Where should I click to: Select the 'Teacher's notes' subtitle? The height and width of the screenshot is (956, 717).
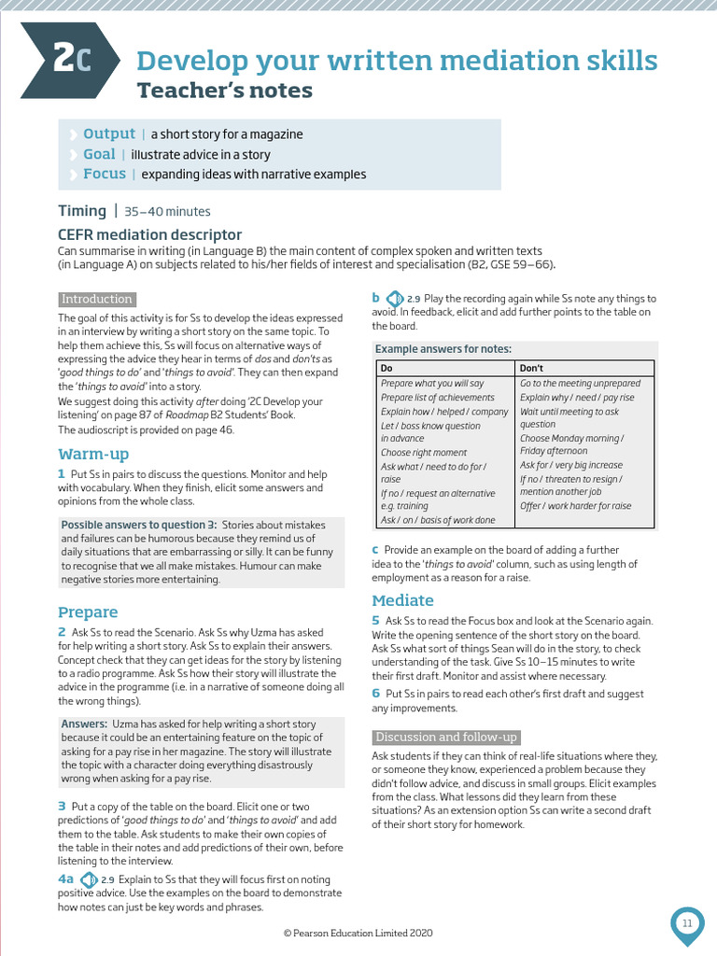point(225,91)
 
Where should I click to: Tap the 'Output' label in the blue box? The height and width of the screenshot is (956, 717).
point(109,134)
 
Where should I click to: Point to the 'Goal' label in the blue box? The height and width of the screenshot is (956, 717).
point(99,154)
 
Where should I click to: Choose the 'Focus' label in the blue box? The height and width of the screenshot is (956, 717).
point(105,174)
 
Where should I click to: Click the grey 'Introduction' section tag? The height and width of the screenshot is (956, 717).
point(96,299)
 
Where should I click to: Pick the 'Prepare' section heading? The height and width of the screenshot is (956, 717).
point(88,612)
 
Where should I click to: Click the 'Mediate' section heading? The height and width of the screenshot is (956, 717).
point(402,600)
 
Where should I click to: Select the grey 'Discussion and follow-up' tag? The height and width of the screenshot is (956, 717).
point(445,737)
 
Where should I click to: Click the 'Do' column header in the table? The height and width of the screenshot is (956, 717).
point(387,368)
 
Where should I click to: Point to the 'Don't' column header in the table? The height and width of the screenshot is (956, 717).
point(531,368)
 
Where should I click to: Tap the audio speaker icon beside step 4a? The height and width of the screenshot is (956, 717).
point(89,879)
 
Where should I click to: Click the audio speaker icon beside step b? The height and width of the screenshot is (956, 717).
point(395,299)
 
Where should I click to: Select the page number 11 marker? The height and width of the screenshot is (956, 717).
point(687,923)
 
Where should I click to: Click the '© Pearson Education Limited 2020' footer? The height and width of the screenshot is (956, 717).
point(358,933)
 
